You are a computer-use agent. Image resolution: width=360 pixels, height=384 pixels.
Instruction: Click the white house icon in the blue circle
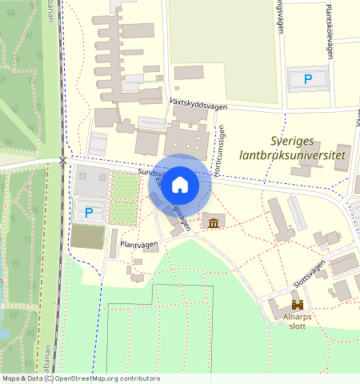[x=180, y=185]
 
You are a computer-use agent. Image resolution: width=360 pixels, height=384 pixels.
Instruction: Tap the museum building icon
[x=214, y=222]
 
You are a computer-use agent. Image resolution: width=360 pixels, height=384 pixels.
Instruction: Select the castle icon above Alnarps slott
[x=298, y=305]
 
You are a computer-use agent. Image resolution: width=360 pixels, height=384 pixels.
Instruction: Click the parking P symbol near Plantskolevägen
[x=308, y=78]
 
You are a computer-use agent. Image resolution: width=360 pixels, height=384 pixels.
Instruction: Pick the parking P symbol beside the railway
[x=89, y=213]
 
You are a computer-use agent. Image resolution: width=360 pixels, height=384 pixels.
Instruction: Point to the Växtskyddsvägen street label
[x=199, y=105]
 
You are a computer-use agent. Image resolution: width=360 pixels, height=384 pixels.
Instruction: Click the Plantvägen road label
[x=136, y=243]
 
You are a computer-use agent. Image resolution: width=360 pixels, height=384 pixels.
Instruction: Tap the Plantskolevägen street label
[x=329, y=30]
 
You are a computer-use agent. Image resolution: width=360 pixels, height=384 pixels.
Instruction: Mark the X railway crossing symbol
[x=63, y=161]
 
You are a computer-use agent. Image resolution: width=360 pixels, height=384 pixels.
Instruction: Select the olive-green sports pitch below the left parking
[x=87, y=237]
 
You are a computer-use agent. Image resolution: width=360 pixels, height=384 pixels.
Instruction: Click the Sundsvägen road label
[x=151, y=172]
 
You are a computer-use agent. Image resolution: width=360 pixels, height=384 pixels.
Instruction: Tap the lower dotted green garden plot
[x=123, y=213]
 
